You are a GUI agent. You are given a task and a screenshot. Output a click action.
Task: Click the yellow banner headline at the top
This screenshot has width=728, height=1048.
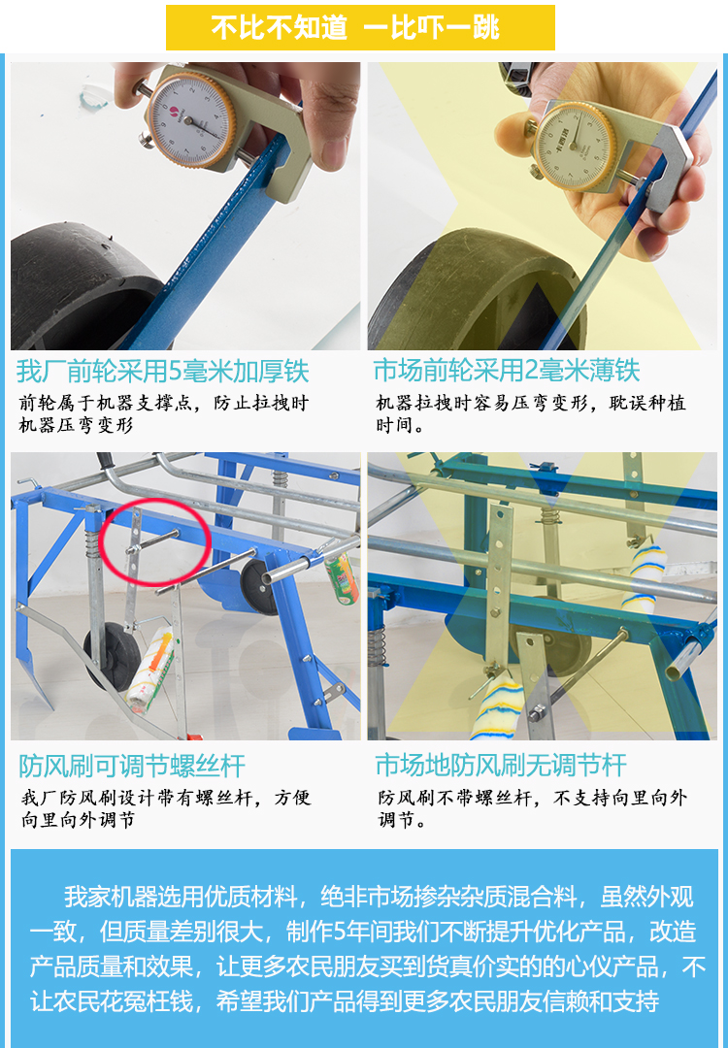point(359,27)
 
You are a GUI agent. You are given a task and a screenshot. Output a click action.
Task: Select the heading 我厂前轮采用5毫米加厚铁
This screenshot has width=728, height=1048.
point(162,372)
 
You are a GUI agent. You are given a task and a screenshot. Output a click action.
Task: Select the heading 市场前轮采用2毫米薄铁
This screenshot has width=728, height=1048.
point(507,372)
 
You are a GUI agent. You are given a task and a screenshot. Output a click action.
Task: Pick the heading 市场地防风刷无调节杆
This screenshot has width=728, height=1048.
point(501,766)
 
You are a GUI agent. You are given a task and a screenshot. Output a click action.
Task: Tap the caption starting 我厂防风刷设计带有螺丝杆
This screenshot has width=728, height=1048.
point(165,809)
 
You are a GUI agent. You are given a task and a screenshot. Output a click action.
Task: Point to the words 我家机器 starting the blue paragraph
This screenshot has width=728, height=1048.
point(103,896)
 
